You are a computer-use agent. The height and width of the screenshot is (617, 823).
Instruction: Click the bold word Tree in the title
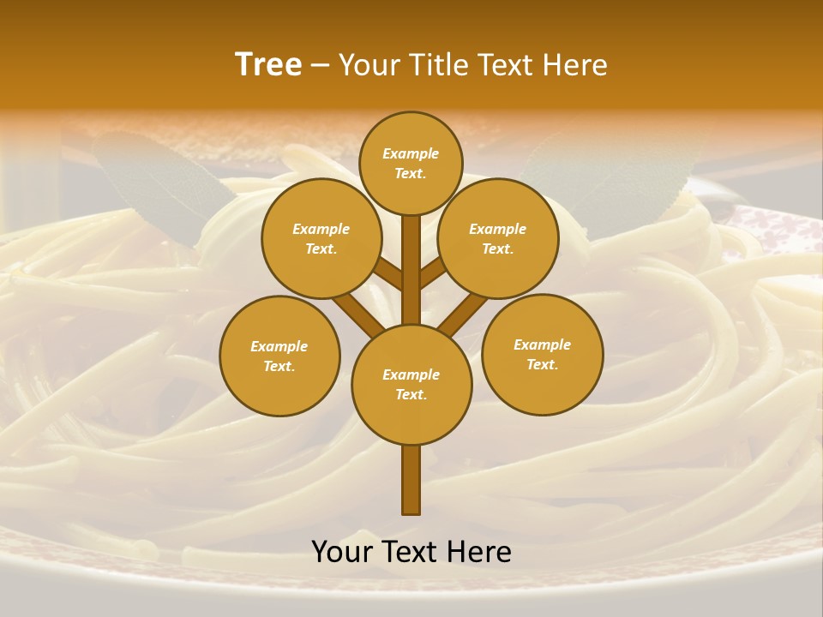[268, 65]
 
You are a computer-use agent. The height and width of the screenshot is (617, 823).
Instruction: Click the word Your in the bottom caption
[342, 552]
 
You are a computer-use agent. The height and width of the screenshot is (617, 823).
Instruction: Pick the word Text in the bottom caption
[411, 552]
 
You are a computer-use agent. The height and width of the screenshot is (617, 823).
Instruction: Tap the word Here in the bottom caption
[479, 552]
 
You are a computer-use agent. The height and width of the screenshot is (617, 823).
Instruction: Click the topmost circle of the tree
[411, 163]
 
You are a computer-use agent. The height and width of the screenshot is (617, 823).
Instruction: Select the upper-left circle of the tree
[321, 238]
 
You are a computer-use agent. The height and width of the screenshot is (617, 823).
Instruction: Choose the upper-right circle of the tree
[498, 238]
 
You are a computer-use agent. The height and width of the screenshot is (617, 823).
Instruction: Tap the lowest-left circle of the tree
[279, 356]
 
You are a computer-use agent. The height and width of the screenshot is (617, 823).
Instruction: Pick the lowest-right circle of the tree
[542, 354]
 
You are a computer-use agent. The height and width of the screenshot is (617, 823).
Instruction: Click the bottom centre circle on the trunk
[411, 385]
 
